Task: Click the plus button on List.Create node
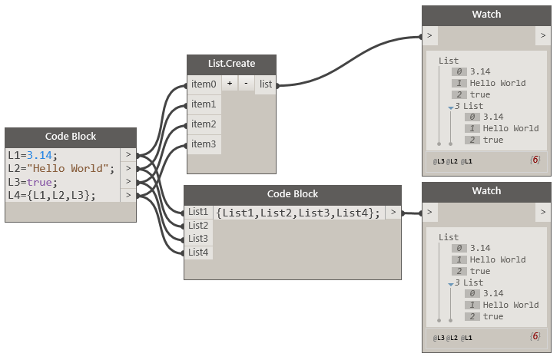tap(230, 84)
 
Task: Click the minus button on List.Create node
tap(245, 84)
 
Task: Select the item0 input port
tap(204, 84)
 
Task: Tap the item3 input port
tap(204, 144)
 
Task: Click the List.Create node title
tap(231, 64)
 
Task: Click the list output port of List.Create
tap(265, 84)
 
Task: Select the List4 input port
tap(198, 253)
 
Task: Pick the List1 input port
tap(198, 212)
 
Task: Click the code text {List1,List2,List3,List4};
tap(298, 213)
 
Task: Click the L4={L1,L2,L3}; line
tap(52, 195)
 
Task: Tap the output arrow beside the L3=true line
tap(128, 182)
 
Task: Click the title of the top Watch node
tap(486, 15)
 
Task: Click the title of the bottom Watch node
tap(486, 191)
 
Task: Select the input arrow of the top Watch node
tap(429, 35)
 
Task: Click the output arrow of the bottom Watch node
tap(543, 212)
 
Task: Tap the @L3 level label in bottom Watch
tap(439, 338)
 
